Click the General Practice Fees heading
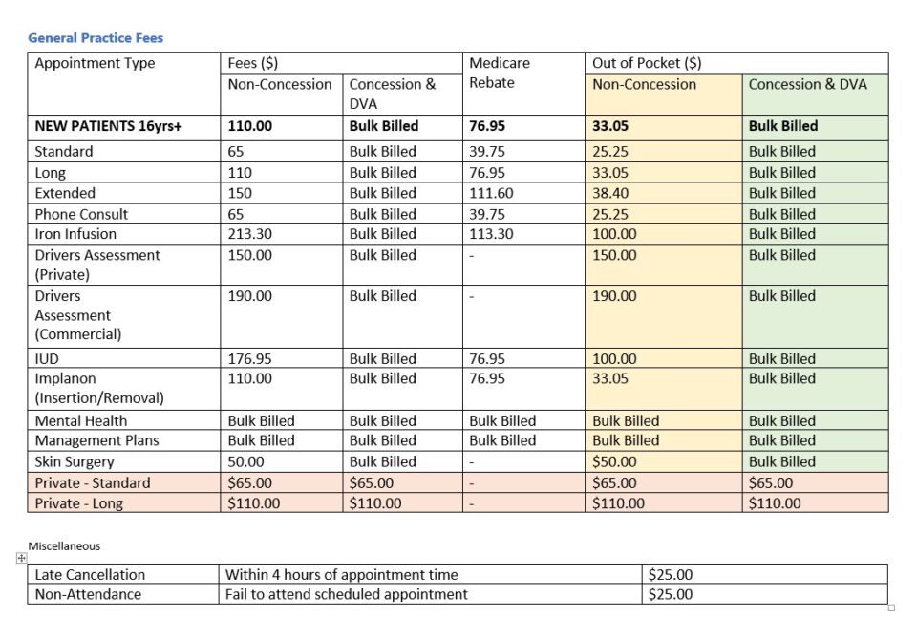click(x=96, y=38)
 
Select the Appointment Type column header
click(x=95, y=64)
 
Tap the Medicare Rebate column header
click(x=500, y=73)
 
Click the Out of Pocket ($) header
click(x=647, y=64)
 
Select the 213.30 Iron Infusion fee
click(x=249, y=234)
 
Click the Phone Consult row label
click(x=81, y=214)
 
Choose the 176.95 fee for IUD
click(x=249, y=359)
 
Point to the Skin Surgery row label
click(x=77, y=461)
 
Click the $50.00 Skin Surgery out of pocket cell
click(x=614, y=461)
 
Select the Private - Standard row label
click(x=93, y=482)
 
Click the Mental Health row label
click(x=81, y=420)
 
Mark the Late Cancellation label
click(x=90, y=575)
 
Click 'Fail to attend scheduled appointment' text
click(x=346, y=594)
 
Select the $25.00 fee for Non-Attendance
click(x=670, y=594)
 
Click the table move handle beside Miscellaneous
click(x=21, y=559)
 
